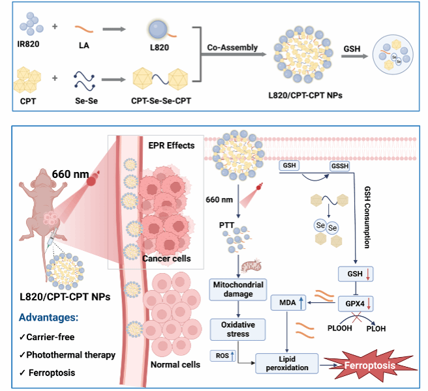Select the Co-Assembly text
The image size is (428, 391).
coord(232,48)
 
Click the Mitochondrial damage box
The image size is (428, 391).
coord(236,289)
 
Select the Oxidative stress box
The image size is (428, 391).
coord(236,329)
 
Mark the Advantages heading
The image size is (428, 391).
coord(51,318)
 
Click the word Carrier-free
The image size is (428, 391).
coord(52,337)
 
